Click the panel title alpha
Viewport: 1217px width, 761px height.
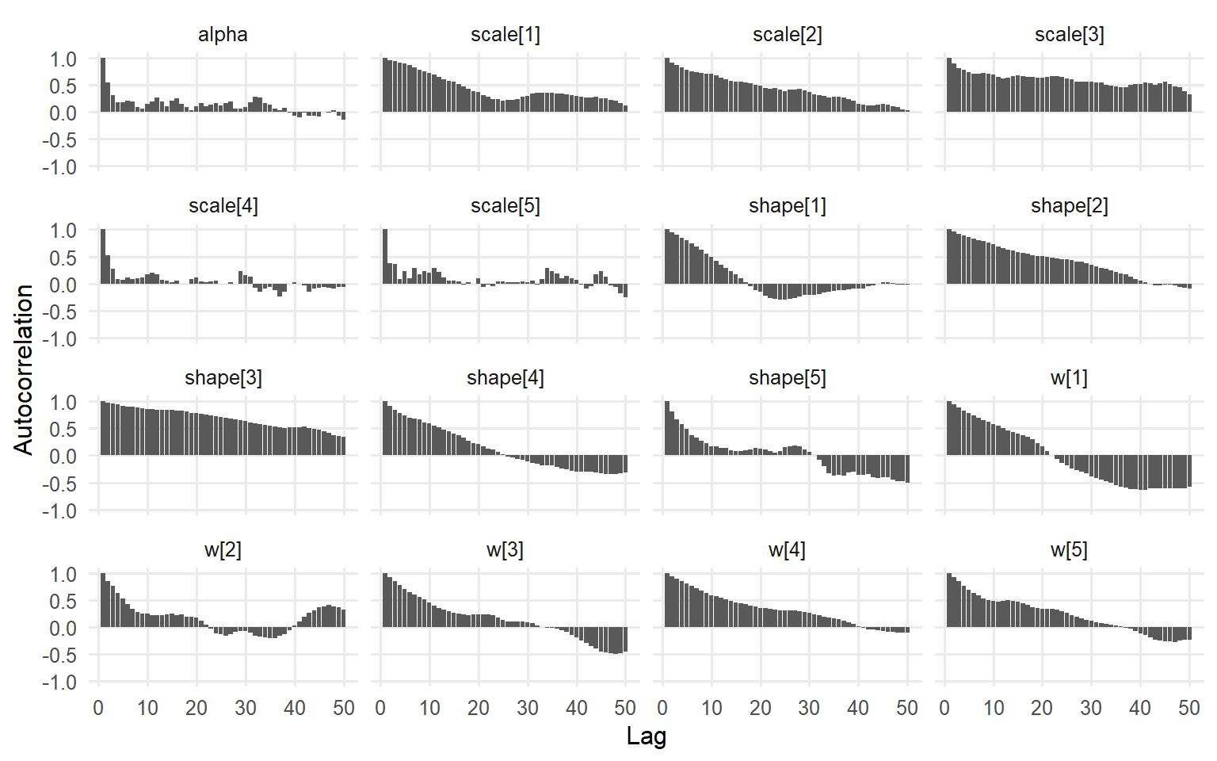pos(223,35)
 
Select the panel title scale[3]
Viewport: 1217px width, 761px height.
pos(1069,35)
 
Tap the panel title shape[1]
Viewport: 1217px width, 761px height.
pos(787,206)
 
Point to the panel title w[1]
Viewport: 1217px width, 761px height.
pos(1069,378)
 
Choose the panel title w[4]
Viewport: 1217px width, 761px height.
pos(787,550)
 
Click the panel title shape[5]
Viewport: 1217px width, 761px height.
pos(787,378)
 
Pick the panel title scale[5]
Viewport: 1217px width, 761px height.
pos(505,206)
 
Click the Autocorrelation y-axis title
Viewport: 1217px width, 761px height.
pos(24,369)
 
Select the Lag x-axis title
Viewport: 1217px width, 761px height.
pos(646,736)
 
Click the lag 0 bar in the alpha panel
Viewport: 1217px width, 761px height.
pos(103,85)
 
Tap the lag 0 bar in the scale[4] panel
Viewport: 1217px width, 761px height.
pos(103,257)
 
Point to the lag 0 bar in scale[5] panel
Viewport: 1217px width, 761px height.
pos(385,257)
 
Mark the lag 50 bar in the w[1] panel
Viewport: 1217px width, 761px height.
pos(1189,472)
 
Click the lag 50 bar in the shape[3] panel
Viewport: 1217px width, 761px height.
pos(343,446)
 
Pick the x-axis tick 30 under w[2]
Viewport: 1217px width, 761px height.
pos(246,708)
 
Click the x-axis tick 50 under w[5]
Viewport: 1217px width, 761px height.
pos(1189,708)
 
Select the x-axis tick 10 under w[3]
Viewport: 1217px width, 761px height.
pos(429,708)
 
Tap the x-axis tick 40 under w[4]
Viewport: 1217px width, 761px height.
pos(858,708)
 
